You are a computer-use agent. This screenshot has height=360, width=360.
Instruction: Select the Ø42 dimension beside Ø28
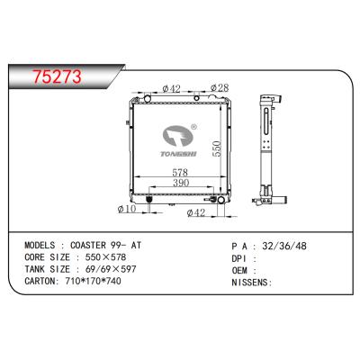tap(172, 87)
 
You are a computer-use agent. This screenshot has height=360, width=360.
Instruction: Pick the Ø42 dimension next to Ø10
tap(195, 212)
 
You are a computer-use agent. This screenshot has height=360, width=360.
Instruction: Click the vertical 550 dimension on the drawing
tap(216, 148)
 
